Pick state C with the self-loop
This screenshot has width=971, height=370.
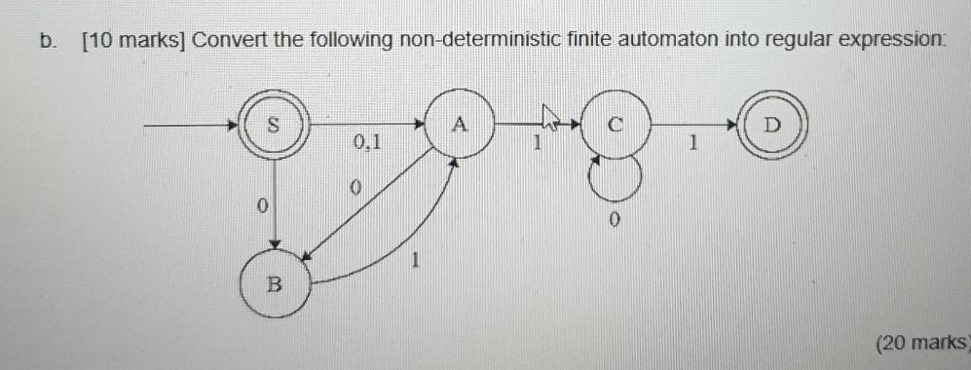pyautogui.click(x=615, y=125)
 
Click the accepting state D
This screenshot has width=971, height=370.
pyautogui.click(x=772, y=125)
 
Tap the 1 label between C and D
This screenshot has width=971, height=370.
pyautogui.click(x=693, y=143)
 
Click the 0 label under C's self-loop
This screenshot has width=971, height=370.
pyautogui.click(x=615, y=221)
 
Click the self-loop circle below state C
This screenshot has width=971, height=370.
pyautogui.click(x=615, y=176)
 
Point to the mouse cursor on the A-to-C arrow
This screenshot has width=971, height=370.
pyautogui.click(x=551, y=123)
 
